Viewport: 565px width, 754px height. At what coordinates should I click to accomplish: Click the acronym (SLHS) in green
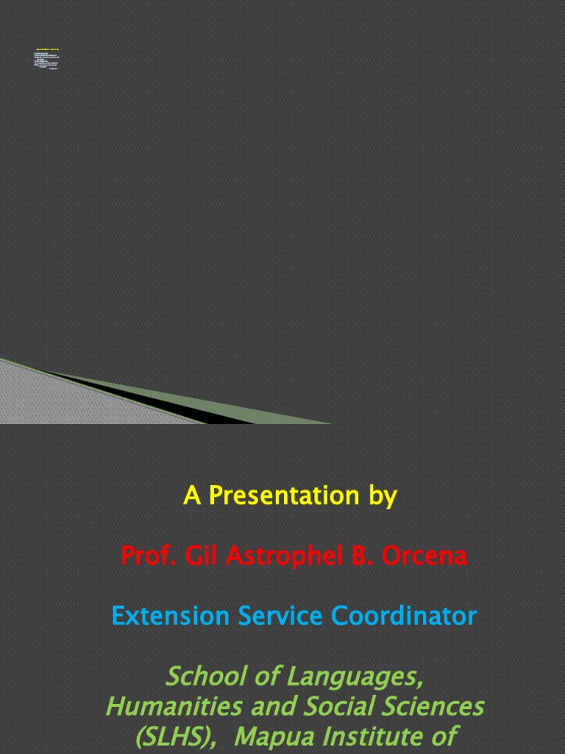pos(174,736)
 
